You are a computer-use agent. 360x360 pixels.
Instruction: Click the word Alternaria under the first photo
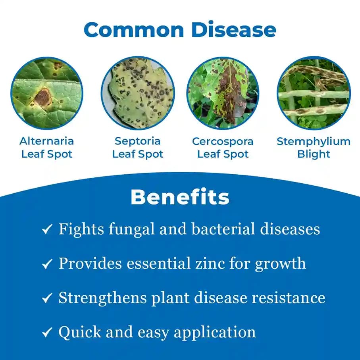pyautogui.click(x=47, y=141)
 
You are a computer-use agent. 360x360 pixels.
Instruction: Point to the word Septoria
pyautogui.click(x=137, y=141)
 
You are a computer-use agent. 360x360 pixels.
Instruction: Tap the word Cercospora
pyautogui.click(x=223, y=141)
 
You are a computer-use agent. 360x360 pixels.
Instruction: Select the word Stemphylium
pyautogui.click(x=314, y=141)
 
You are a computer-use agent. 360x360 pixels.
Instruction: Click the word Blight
pyautogui.click(x=314, y=154)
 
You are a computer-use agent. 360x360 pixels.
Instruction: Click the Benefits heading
pyautogui.click(x=180, y=197)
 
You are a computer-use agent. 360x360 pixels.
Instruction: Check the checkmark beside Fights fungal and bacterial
pyautogui.click(x=47, y=229)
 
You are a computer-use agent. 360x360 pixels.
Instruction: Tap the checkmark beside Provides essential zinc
pyautogui.click(x=47, y=264)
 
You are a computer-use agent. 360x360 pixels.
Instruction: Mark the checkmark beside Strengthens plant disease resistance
pyautogui.click(x=47, y=298)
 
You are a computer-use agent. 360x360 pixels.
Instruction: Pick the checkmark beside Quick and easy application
pyautogui.click(x=47, y=332)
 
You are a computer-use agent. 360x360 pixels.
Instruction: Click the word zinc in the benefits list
pyautogui.click(x=223, y=264)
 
